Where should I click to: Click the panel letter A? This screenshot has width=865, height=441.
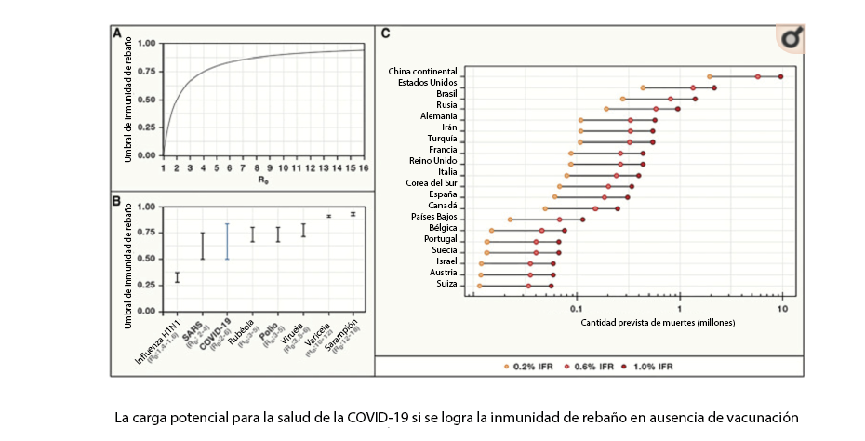pos(117,33)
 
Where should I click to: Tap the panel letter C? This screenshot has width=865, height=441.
pos(385,33)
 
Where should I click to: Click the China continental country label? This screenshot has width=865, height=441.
pos(422,72)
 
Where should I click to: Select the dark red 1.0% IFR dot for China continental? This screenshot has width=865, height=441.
pos(780,76)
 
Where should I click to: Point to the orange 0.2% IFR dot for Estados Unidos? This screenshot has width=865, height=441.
pos(643,87)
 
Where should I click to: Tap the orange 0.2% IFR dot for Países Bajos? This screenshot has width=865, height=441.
pos(510,220)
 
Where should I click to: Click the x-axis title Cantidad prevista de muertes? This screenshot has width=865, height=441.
pos(658,322)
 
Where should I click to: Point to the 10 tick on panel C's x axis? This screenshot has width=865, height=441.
pos(782,306)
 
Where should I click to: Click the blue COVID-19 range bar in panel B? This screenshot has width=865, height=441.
pos(228,241)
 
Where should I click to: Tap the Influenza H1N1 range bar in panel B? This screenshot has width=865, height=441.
pos(178,276)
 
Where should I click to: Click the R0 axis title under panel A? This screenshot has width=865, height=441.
pos(264,180)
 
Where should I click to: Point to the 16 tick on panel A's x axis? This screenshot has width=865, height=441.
pos(363,167)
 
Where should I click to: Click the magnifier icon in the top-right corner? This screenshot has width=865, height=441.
pos(791,39)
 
